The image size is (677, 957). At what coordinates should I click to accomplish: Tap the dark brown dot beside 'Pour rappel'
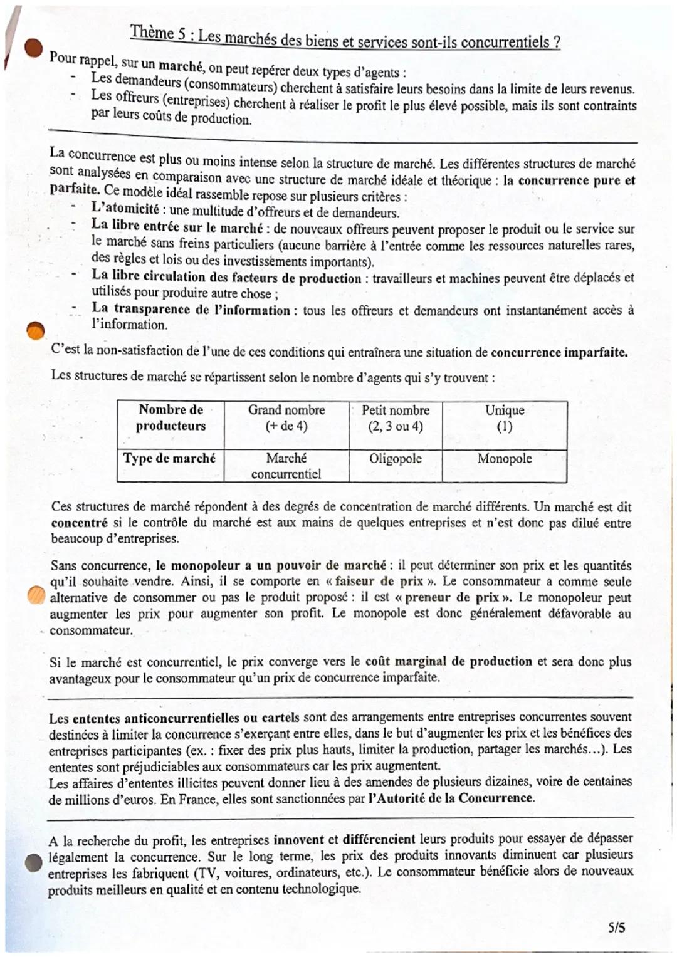33,49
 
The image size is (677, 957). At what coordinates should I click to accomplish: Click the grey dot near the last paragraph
33,863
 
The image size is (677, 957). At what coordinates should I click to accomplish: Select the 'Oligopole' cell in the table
395,459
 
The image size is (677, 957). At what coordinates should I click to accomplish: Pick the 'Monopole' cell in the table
504,459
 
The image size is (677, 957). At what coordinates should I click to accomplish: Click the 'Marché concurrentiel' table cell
286,466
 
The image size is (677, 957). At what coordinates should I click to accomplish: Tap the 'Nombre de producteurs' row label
171,418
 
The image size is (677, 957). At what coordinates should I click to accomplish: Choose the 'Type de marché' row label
169,459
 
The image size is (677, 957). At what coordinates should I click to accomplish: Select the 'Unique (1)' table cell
504,419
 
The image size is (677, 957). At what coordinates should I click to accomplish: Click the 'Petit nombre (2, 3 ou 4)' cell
395,419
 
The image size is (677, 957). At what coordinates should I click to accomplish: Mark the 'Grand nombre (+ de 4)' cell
286,419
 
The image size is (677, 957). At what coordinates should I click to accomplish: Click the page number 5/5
616,928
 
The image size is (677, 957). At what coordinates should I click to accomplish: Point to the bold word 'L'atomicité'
125,209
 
